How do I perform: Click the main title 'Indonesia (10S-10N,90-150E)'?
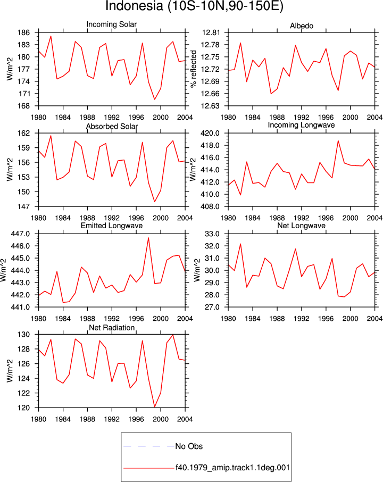[x=194, y=6]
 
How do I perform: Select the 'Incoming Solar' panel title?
[x=112, y=24]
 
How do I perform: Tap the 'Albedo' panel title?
[x=302, y=26]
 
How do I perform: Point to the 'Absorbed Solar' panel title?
[x=112, y=126]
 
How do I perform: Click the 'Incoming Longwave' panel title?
[x=301, y=125]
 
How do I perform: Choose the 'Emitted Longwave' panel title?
[x=112, y=226]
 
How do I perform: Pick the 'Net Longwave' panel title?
[x=301, y=226]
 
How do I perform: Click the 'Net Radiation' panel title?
[x=112, y=328]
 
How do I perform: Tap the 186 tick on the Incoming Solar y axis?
[x=24, y=32]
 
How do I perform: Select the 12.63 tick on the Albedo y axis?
[x=211, y=106]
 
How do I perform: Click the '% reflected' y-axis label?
[x=193, y=69]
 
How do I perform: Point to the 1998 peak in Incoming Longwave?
[x=338, y=141]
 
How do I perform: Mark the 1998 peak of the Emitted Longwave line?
[x=148, y=238]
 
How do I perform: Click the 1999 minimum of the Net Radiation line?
[x=155, y=406]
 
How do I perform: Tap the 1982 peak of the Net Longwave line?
[x=240, y=244]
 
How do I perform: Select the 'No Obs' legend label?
[x=189, y=446]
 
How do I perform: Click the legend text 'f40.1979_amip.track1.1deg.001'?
[x=232, y=468]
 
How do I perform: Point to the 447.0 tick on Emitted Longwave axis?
[x=21, y=234]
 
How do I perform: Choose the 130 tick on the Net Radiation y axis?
[x=24, y=335]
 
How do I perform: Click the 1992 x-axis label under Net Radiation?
[x=112, y=419]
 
